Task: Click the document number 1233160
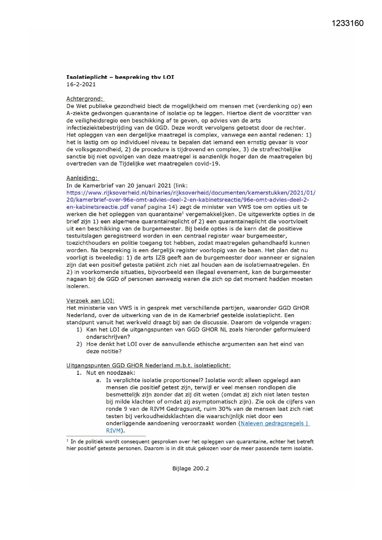[x=348, y=23]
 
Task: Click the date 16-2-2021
[x=81, y=84]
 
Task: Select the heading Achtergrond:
[x=85, y=99]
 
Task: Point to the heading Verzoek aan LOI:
[x=90, y=301]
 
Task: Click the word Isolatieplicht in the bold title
[x=87, y=77]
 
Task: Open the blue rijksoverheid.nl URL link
[x=191, y=193]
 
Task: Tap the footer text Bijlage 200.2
[x=191, y=468]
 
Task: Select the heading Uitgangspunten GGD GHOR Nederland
[x=148, y=365]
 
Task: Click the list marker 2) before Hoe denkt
[x=79, y=344]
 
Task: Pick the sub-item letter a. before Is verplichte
[x=99, y=380]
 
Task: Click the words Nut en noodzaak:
[x=111, y=373]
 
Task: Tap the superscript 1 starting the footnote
[x=67, y=441]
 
